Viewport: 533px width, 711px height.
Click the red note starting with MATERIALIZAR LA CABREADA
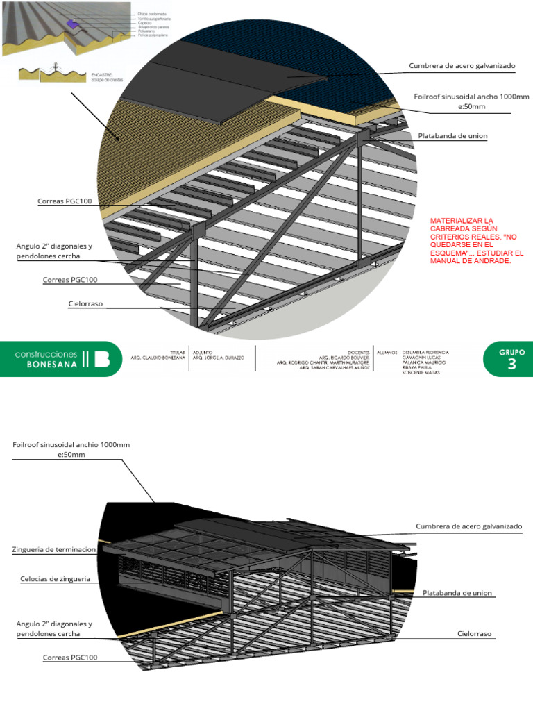pyautogui.click(x=477, y=240)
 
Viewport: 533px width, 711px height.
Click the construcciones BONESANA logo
pyautogui.click(x=62, y=358)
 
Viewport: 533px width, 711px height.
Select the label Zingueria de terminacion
pyautogui.click(x=54, y=549)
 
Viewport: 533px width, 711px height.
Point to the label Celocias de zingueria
pyautogui.click(x=56, y=578)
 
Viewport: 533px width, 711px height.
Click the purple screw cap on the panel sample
pyautogui.click(x=70, y=24)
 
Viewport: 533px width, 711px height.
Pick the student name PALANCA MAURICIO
pyautogui.click(x=424, y=362)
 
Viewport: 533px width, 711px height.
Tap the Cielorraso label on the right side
pyautogui.click(x=475, y=634)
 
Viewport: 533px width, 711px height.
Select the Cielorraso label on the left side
pyautogui.click(x=85, y=303)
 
